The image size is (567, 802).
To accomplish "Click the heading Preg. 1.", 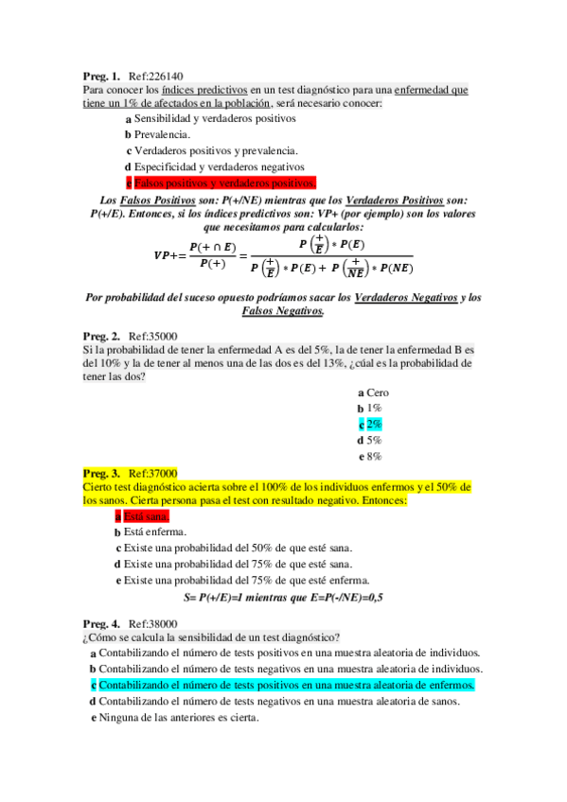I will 101,76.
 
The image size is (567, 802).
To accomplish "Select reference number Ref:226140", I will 156,76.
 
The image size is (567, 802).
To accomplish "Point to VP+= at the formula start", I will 169,255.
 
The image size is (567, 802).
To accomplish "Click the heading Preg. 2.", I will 101,336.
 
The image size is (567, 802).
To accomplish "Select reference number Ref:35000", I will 152,336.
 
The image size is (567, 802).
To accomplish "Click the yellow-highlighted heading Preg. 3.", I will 101,473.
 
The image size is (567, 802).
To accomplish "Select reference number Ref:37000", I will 152,473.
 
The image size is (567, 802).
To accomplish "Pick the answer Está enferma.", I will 154,532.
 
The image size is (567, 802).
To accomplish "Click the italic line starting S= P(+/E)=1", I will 282,598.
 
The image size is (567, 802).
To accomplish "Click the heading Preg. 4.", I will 101,624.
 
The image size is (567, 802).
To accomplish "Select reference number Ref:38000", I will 152,624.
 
